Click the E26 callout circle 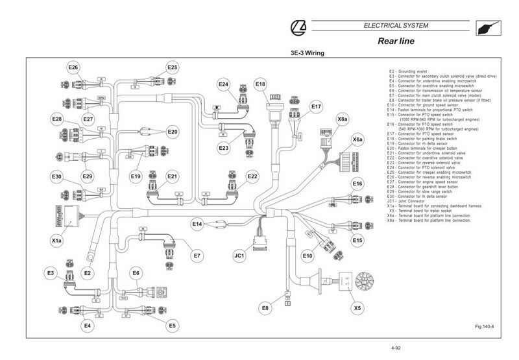73,67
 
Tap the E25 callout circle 172,67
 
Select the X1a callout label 57,241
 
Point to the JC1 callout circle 239,256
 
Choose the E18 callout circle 260,84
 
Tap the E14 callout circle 197,224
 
